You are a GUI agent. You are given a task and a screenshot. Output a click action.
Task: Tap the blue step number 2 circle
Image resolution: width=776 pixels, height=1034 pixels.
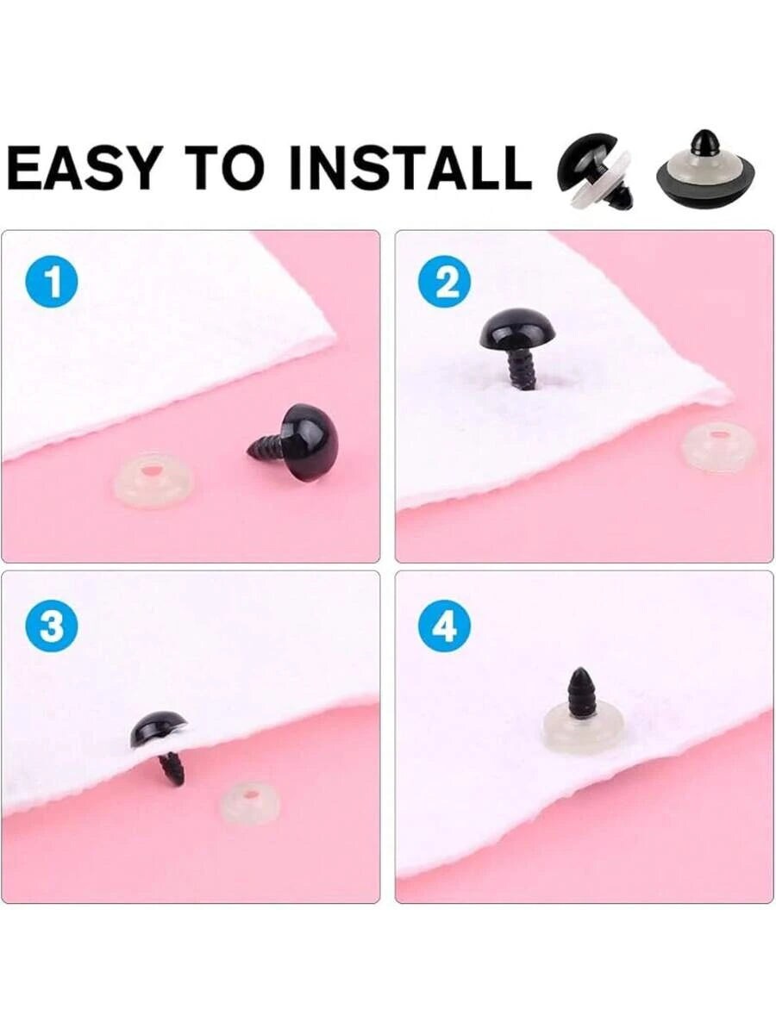(x=446, y=283)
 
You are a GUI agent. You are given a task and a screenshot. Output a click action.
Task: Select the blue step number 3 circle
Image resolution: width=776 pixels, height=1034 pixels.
(x=52, y=626)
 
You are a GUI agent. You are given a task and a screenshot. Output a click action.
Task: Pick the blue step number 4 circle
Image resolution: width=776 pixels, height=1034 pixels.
(x=444, y=626)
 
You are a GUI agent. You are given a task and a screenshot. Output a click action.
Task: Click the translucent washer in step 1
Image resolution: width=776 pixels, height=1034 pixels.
(x=153, y=479)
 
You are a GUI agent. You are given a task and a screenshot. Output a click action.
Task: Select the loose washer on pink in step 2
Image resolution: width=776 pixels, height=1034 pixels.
(x=718, y=445)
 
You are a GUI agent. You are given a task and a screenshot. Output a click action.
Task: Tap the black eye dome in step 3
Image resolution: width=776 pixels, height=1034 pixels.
(x=158, y=728)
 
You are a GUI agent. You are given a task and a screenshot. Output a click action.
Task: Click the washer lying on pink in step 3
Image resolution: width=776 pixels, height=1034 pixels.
(x=250, y=801)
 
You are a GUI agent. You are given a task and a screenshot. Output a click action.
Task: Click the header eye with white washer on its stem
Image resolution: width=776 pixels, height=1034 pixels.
(x=596, y=171)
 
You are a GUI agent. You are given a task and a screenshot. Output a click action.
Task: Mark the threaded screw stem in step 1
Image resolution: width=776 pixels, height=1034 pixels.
(x=266, y=446)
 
